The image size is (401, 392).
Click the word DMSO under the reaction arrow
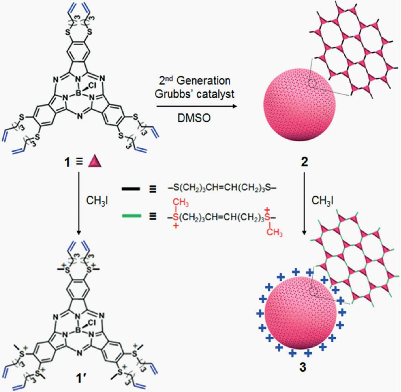(x=194, y=118)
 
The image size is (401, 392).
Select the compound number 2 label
(x=304, y=163)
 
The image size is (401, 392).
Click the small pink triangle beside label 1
(x=94, y=162)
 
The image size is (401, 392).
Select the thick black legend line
(x=131, y=189)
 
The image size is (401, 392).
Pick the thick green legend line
(x=132, y=216)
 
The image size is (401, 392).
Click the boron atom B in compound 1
(x=79, y=94)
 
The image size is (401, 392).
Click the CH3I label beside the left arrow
(x=97, y=201)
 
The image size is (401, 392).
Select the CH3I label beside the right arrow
(x=322, y=200)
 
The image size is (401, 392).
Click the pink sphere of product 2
(x=299, y=105)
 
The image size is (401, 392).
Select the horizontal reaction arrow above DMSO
(x=197, y=106)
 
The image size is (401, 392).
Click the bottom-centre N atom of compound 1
(x=80, y=117)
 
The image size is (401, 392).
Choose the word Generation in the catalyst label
(x=203, y=81)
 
